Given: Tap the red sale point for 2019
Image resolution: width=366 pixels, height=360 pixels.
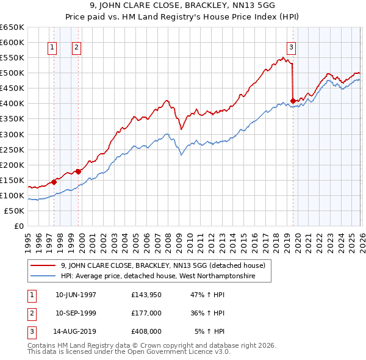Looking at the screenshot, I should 293,101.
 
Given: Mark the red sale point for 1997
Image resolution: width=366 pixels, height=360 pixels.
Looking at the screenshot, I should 54,181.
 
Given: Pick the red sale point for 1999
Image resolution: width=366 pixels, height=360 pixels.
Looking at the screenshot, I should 79,171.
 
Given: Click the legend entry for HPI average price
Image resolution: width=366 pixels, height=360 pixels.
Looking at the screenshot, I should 157,276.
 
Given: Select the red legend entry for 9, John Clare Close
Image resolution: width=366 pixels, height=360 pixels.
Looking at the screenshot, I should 162,265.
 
